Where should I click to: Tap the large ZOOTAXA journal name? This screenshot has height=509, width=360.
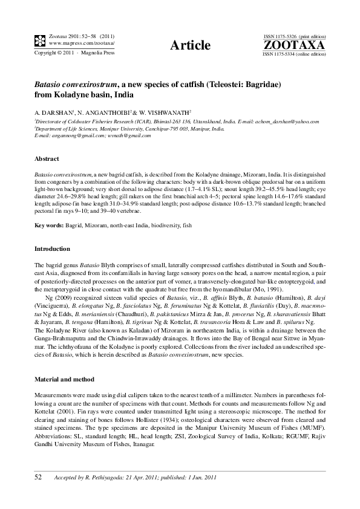pos(294,45)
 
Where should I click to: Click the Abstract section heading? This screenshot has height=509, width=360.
pos(47,158)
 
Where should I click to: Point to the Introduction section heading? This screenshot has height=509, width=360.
pos(52,249)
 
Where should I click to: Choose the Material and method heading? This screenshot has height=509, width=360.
pos(65,379)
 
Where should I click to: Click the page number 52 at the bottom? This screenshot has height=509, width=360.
pos(38,478)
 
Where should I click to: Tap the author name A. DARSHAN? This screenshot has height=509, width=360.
pos(53,112)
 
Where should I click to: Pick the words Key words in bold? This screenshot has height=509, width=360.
pos(48,225)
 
